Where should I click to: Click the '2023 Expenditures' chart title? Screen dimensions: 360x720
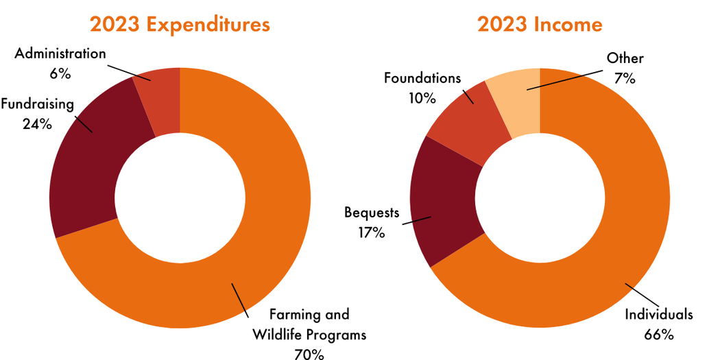coord(180,25)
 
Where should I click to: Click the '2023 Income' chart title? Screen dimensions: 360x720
coord(540,25)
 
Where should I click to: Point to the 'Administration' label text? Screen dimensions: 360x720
coord(60,53)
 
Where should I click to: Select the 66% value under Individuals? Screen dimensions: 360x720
coord(659,334)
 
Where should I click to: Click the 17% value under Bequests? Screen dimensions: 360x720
coord(371,232)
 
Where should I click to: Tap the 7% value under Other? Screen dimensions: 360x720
coord(625,78)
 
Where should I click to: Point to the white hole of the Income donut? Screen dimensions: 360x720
coord(540,198)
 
